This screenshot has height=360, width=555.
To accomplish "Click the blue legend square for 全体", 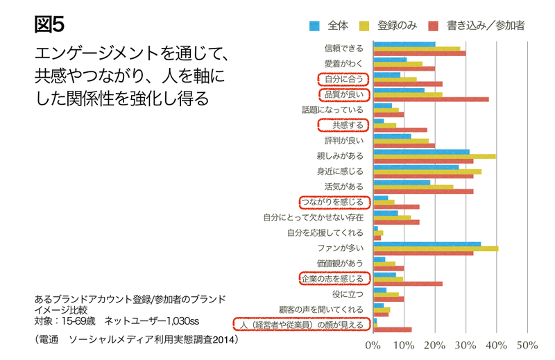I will [x=314, y=26].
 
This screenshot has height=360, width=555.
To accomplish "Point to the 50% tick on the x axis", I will [x=528, y=345].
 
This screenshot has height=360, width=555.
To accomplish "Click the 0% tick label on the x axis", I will [x=374, y=345].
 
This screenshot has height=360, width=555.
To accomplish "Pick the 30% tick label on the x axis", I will [x=466, y=345].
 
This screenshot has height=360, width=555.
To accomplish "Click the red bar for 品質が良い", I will [x=431, y=99].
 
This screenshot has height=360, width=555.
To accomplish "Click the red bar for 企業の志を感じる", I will [x=408, y=284].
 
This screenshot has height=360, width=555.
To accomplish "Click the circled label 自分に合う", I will [x=343, y=78].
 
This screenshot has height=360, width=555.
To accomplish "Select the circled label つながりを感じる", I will [x=332, y=202].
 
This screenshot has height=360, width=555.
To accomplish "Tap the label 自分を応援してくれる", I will [x=325, y=233].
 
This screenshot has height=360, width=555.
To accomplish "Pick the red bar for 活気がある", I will [x=423, y=191].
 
